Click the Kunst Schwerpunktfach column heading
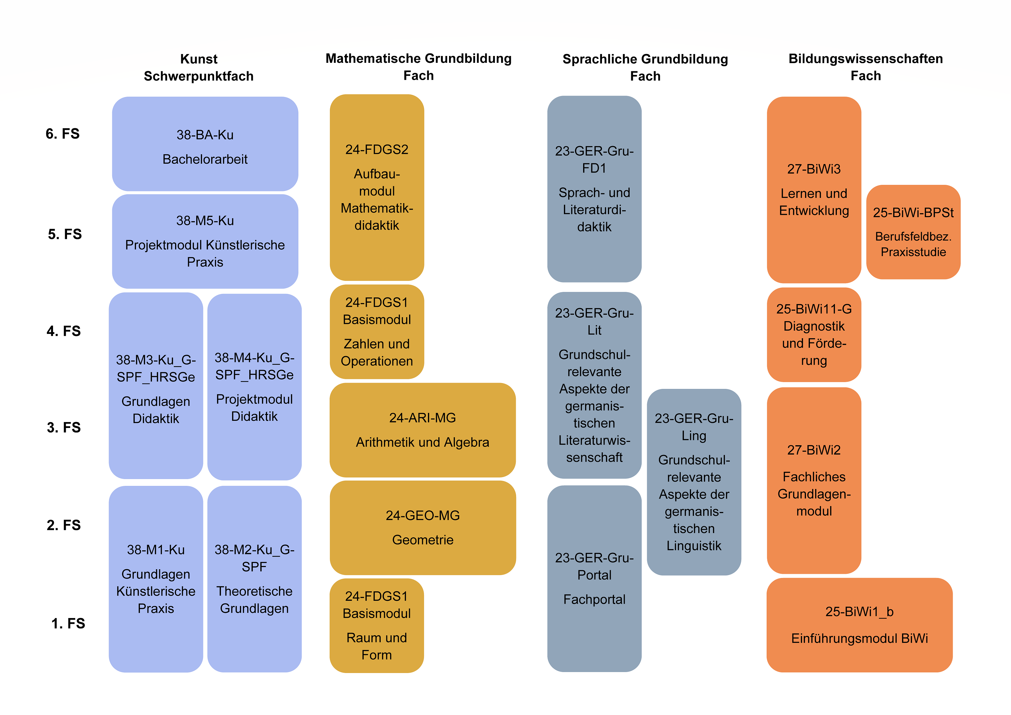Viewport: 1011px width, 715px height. (x=198, y=67)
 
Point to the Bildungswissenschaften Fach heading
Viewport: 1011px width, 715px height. (x=866, y=67)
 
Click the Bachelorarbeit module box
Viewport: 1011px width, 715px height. (x=205, y=144)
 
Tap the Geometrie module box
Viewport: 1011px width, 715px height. (x=423, y=528)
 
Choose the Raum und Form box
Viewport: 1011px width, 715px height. (x=377, y=625)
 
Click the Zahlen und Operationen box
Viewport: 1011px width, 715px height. (x=377, y=332)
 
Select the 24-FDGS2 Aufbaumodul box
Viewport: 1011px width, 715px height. (x=377, y=187)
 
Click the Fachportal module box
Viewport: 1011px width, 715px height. (x=594, y=579)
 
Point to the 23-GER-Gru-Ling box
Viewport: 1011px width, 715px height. (x=694, y=482)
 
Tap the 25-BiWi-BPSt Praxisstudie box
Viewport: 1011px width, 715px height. (x=913, y=232)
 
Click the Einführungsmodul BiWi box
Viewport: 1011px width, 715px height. (x=859, y=625)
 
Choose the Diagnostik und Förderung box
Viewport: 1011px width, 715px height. (x=814, y=335)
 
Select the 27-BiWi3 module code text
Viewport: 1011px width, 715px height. (x=814, y=169)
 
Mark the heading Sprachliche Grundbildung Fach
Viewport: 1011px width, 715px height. (x=646, y=67)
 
